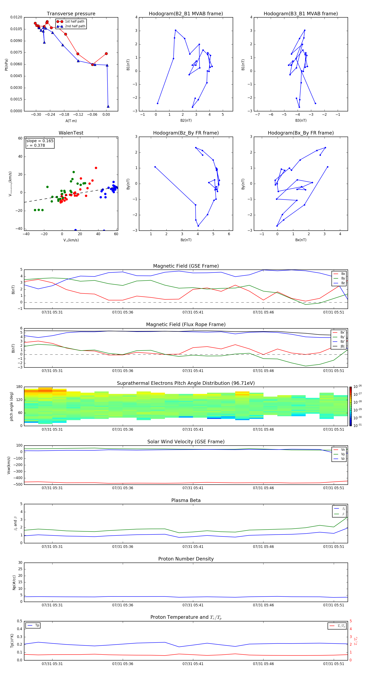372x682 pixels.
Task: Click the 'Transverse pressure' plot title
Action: tap(71, 14)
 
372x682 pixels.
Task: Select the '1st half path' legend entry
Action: tap(74, 21)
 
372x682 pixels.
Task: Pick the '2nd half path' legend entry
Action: tap(75, 26)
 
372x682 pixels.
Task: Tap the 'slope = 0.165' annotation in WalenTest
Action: tap(40, 141)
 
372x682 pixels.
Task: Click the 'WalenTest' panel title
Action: tap(71, 133)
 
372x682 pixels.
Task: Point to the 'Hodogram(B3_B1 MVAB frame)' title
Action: tap(300, 14)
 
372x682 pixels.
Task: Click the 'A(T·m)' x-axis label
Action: tap(71, 121)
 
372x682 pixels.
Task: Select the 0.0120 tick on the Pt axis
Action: tap(16, 17)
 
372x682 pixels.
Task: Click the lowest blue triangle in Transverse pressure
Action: tap(108, 106)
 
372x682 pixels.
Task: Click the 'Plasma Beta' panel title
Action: tap(186, 500)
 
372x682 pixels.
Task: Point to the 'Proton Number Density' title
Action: tap(186, 559)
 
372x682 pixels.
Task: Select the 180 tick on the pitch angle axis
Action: tap(19, 387)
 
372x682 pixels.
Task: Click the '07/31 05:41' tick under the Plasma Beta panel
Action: tap(193, 546)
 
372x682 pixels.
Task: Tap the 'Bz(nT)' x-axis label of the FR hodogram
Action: tap(186, 240)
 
